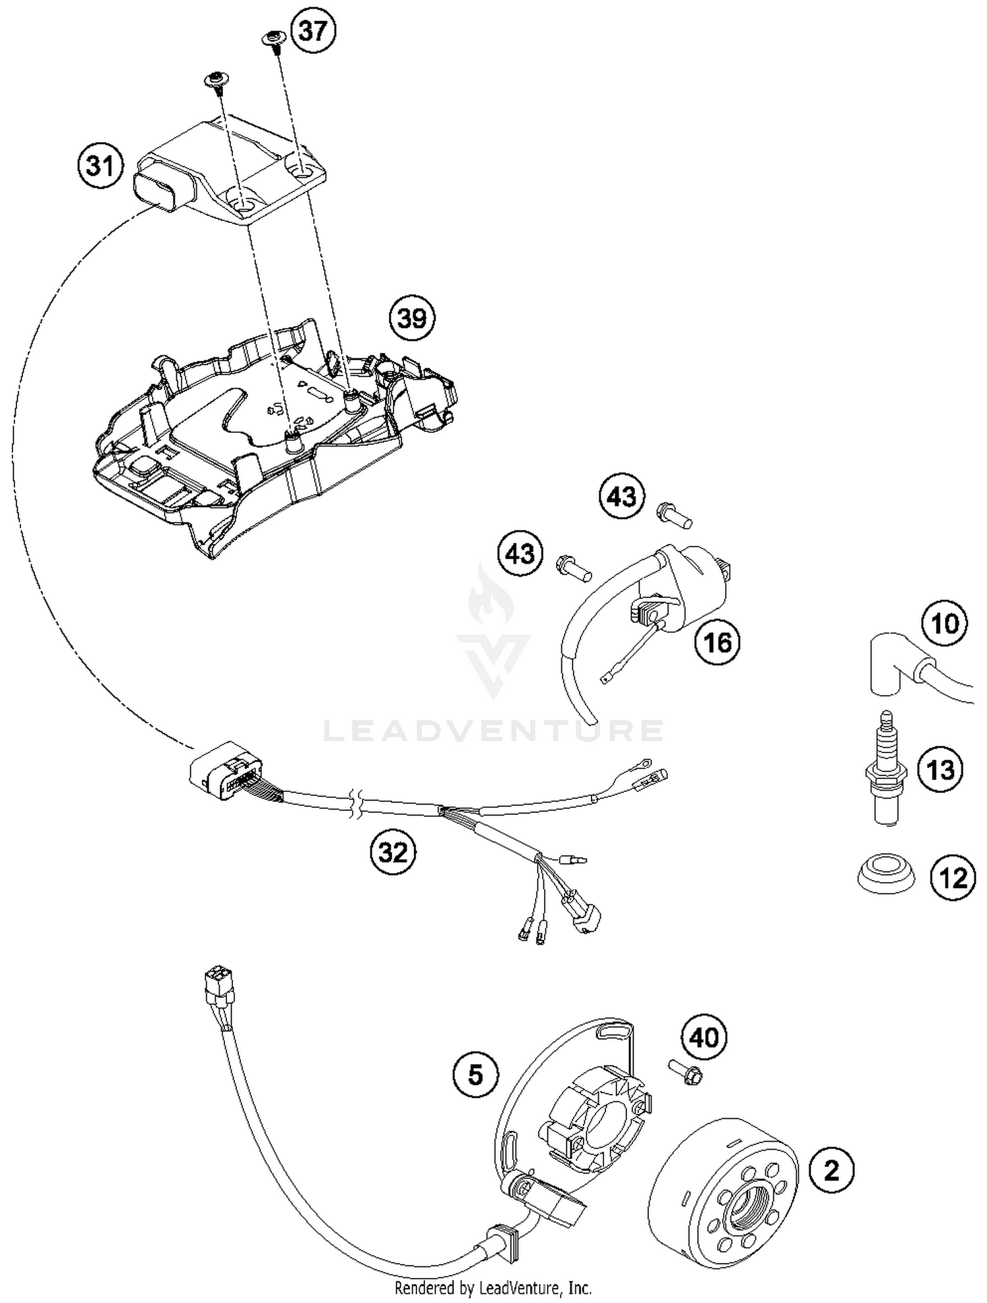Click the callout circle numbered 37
pyautogui.click(x=313, y=32)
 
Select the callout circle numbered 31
pyautogui.click(x=101, y=166)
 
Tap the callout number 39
pyautogui.click(x=413, y=318)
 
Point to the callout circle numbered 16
pyautogui.click(x=717, y=641)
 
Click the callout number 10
pyautogui.click(x=945, y=623)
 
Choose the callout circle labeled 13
pyautogui.click(x=940, y=769)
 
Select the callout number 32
pyautogui.click(x=393, y=853)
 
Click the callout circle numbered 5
pyautogui.click(x=475, y=1075)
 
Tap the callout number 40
pyautogui.click(x=703, y=1038)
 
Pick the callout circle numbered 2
pyautogui.click(x=832, y=1171)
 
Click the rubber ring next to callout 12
pyautogui.click(x=886, y=875)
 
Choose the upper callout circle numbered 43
pyautogui.click(x=622, y=497)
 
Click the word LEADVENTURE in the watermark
pyautogui.click(x=493, y=731)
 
